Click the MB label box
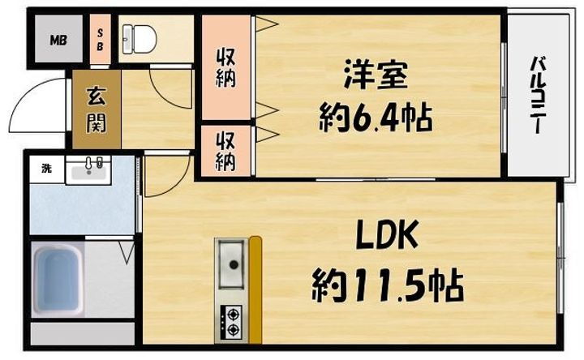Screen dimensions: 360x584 click(x=58, y=39)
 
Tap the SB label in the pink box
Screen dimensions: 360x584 click(x=101, y=40)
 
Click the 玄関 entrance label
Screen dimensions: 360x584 click(x=96, y=109)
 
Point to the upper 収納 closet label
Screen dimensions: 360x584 click(x=226, y=68)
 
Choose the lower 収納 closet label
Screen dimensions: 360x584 click(x=226, y=149)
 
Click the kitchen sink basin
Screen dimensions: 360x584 click(x=232, y=264)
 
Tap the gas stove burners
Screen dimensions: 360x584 click(x=231, y=322)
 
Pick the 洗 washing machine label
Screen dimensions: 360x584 click(x=46, y=169)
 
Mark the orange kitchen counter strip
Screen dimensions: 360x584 click(x=255, y=288)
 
